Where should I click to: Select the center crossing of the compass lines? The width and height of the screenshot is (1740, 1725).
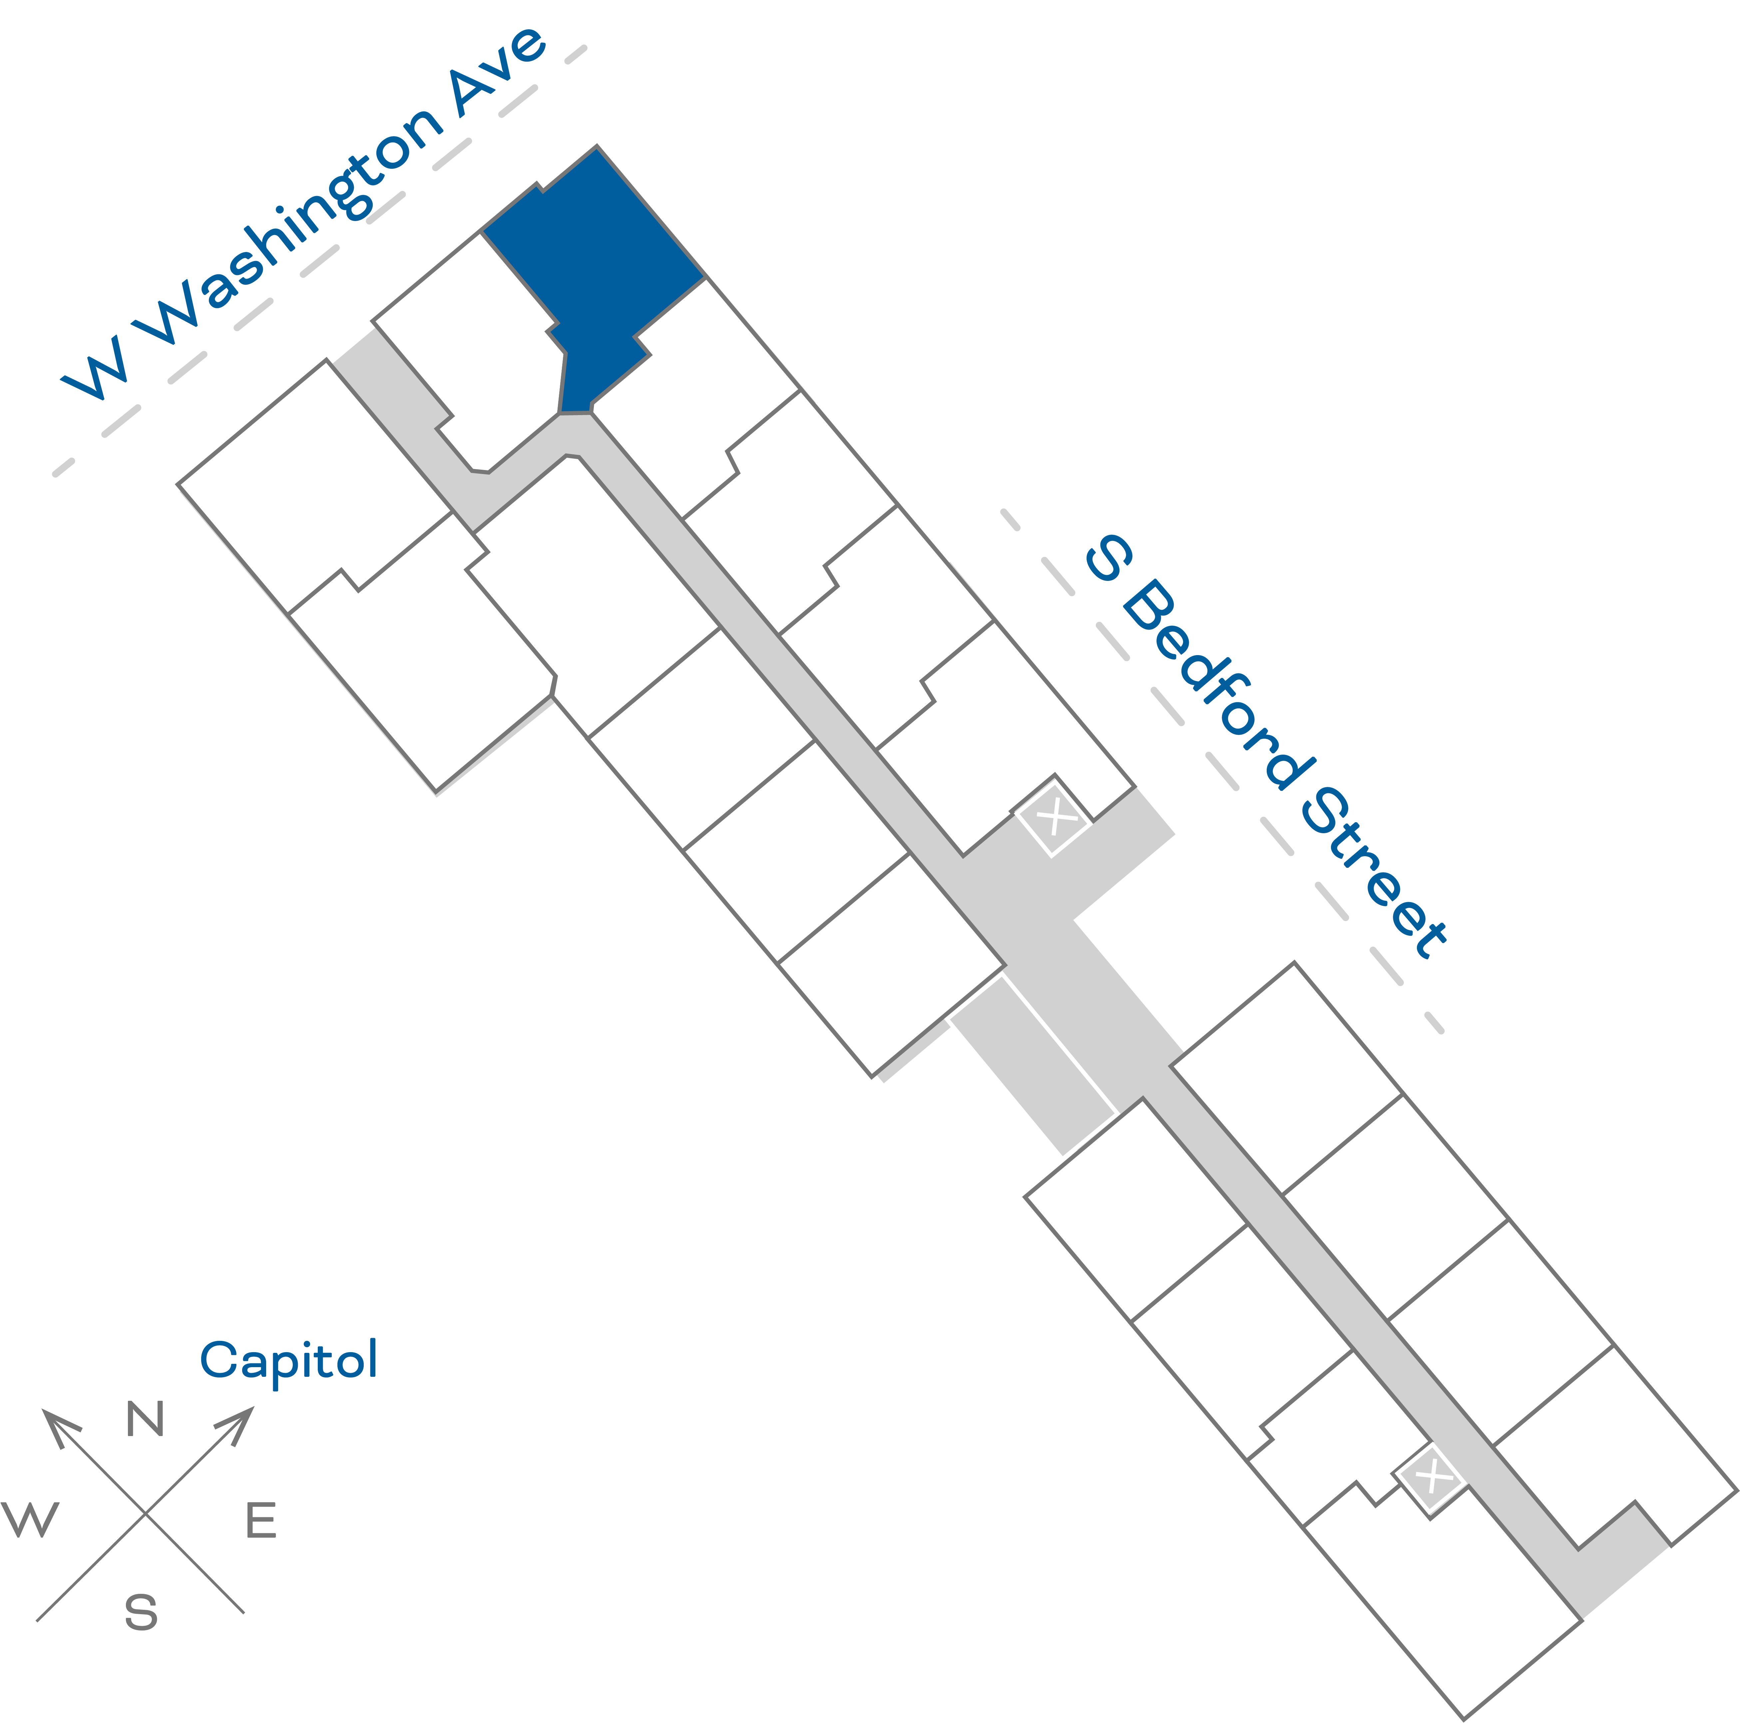[x=145, y=1513]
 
